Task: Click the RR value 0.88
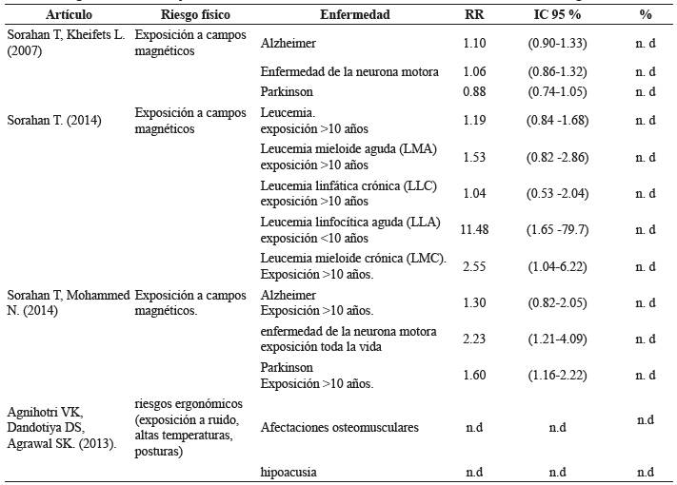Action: click(x=474, y=91)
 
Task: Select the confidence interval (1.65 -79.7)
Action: click(x=557, y=229)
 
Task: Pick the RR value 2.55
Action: click(x=474, y=267)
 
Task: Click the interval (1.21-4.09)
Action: click(x=557, y=339)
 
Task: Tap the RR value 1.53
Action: click(x=474, y=157)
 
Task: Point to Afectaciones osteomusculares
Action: click(x=339, y=427)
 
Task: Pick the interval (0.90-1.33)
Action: click(x=557, y=44)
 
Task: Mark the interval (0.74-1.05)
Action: click(x=557, y=91)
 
